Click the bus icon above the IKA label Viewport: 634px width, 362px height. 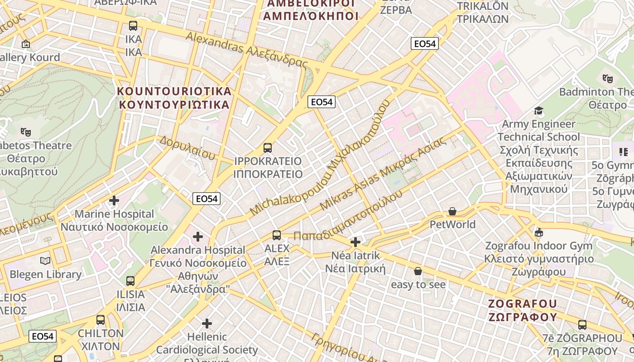point(133,26)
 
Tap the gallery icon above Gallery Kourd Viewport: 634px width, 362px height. point(26,44)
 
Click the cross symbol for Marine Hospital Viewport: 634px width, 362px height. point(114,200)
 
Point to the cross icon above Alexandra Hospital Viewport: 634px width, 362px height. point(198,236)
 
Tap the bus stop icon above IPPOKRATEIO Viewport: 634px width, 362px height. point(268,148)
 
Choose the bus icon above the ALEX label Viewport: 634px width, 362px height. point(277,235)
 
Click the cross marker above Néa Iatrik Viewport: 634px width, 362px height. point(355,242)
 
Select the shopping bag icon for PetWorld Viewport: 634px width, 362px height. point(452,211)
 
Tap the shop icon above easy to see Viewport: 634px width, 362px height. point(418,271)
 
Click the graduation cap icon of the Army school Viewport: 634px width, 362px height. point(538,111)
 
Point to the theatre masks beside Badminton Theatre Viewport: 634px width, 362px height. point(608,78)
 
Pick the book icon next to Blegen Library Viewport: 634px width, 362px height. point(45,261)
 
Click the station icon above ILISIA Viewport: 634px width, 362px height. point(130,281)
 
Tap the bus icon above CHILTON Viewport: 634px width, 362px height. point(101,320)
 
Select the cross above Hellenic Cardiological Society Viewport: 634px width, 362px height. point(207,323)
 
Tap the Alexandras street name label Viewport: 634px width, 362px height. point(246,50)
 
